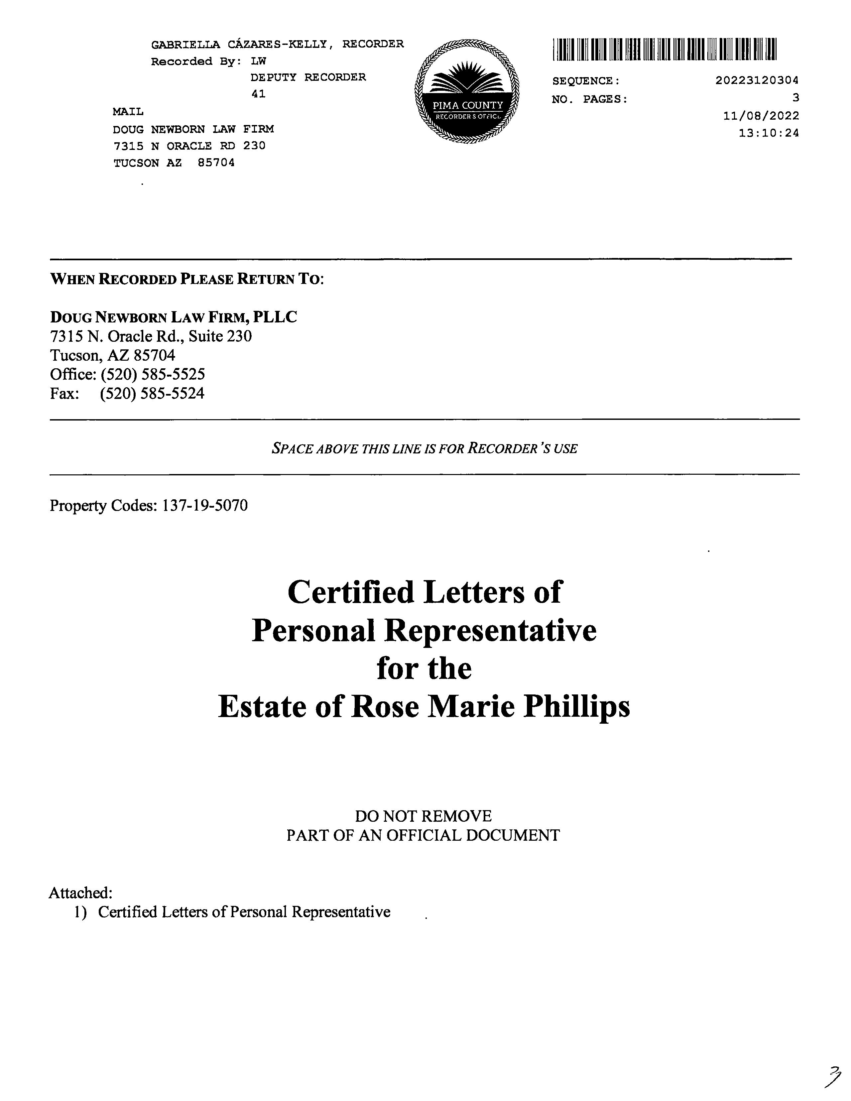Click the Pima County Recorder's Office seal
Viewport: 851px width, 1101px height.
click(x=466, y=94)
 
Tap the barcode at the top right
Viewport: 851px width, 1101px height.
click(x=665, y=50)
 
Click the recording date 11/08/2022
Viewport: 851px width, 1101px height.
click(x=761, y=116)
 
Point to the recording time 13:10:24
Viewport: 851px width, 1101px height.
click(x=768, y=133)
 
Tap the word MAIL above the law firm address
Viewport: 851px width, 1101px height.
click(x=128, y=111)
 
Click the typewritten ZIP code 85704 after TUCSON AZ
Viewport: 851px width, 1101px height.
click(x=216, y=163)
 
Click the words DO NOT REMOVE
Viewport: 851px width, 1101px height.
click(x=423, y=816)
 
